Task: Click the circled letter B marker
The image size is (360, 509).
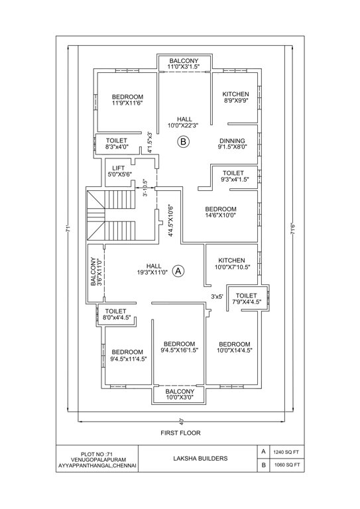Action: coord(184,141)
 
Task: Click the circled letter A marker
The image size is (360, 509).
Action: coord(178,270)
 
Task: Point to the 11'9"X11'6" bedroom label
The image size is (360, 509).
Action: coord(127,100)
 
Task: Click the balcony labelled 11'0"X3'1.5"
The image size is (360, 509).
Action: coord(184,64)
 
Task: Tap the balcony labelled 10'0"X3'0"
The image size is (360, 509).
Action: coord(179,394)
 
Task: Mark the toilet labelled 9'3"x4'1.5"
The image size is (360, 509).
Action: coord(233,176)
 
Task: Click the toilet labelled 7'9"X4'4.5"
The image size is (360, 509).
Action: coord(246,299)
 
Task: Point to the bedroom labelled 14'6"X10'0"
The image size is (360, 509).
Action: coord(220,211)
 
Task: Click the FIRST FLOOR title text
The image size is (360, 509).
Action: coord(180,433)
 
